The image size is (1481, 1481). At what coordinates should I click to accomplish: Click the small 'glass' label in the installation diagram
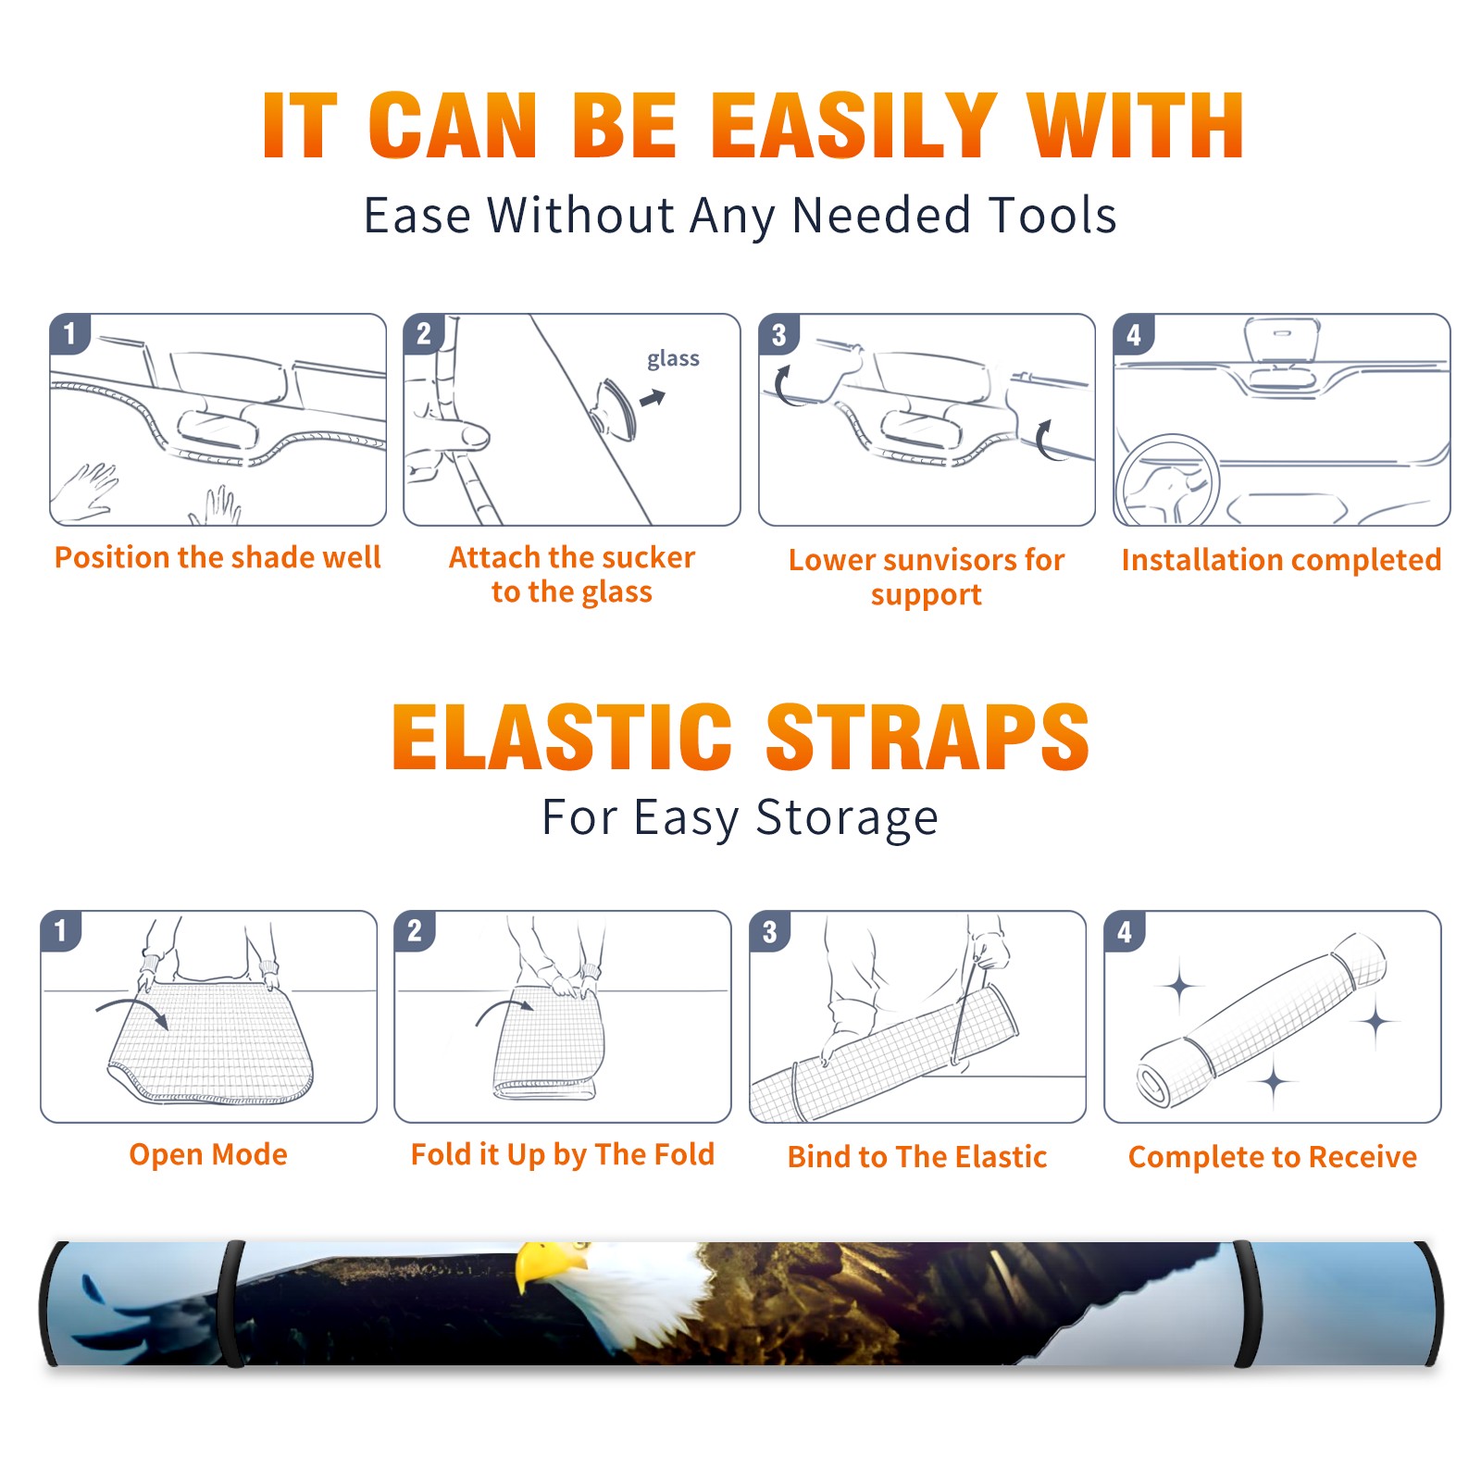click(x=673, y=359)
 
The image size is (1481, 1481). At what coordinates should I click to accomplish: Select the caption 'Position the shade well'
click(x=218, y=557)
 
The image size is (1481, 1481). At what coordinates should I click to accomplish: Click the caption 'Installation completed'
click(x=1281, y=559)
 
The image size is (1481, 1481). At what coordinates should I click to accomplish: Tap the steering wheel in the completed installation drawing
click(x=1167, y=480)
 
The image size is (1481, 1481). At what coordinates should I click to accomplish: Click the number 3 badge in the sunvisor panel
click(x=778, y=335)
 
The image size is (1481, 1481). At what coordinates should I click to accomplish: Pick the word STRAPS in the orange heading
click(x=927, y=737)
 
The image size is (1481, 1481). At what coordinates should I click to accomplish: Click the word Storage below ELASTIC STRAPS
click(x=847, y=818)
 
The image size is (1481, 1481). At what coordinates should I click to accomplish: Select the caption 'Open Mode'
click(x=208, y=1154)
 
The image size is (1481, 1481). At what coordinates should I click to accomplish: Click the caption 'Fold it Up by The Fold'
click(x=563, y=1154)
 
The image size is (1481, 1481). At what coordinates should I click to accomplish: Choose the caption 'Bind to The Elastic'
click(x=917, y=1156)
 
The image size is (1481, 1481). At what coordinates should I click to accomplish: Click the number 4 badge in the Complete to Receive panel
click(x=1125, y=931)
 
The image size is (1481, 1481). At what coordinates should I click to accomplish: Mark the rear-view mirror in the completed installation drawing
click(x=1282, y=340)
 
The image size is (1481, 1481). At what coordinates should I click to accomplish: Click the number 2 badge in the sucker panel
click(x=424, y=334)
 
